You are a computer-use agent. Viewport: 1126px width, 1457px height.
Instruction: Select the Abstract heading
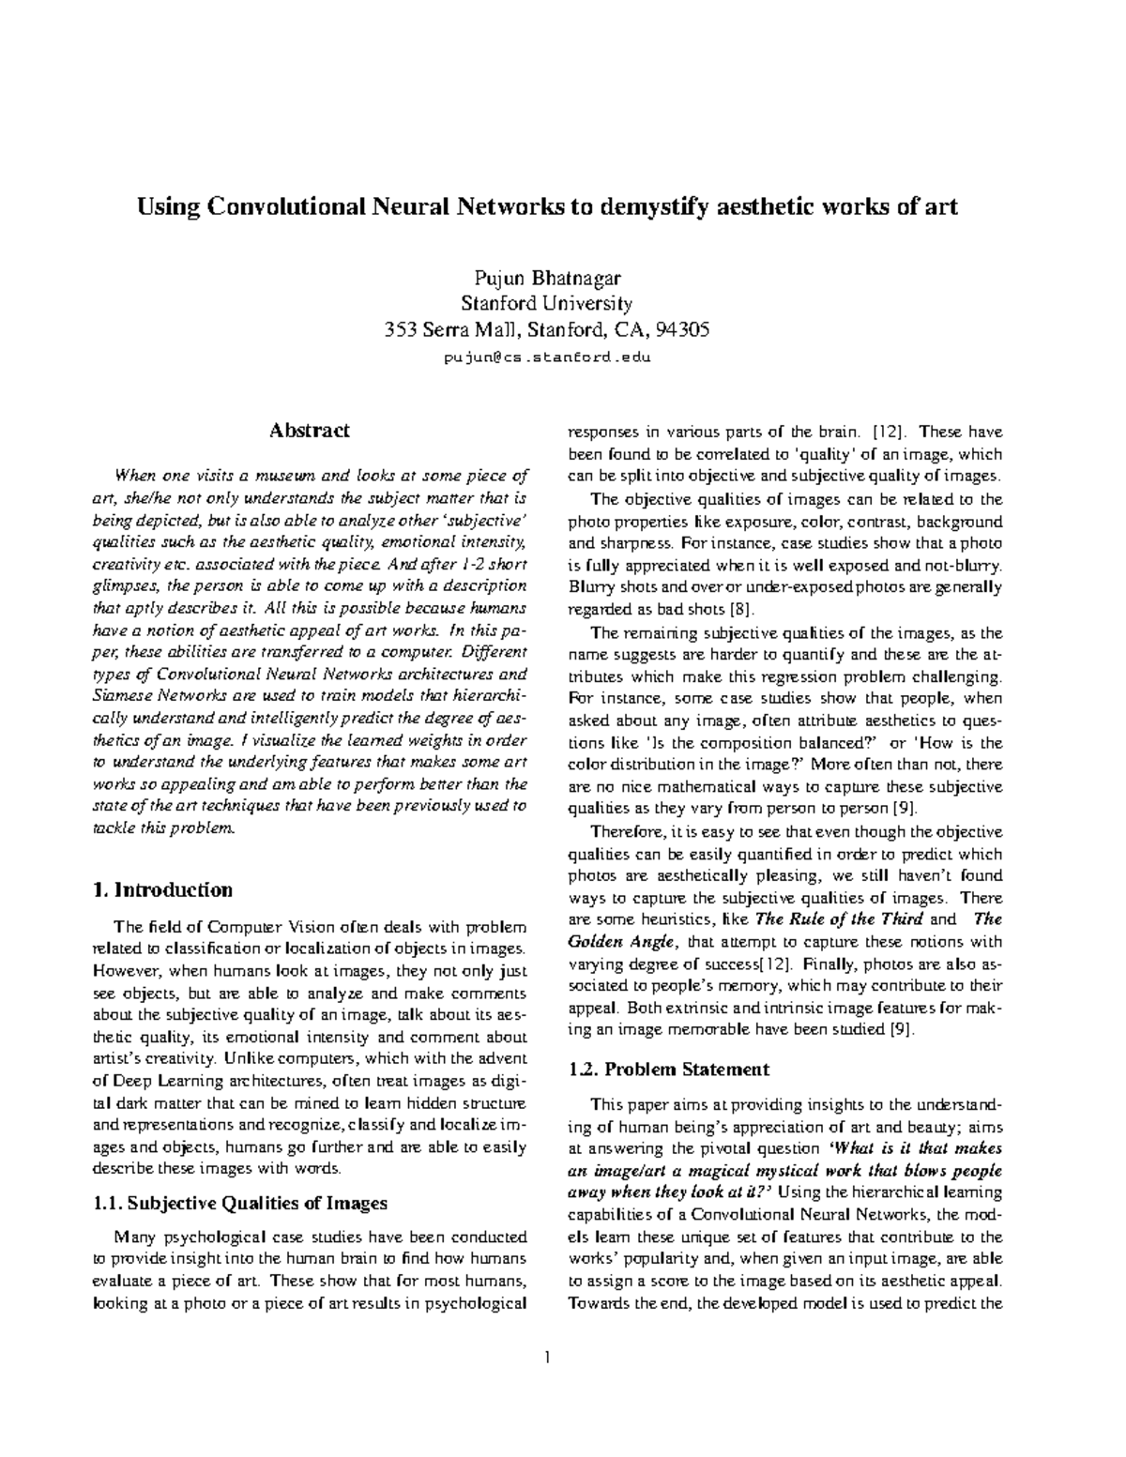pyautogui.click(x=309, y=431)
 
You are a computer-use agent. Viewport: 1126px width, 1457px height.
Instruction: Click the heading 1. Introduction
pyautogui.click(x=163, y=889)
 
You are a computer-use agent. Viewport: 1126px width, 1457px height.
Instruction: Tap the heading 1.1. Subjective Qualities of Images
pyautogui.click(x=241, y=1204)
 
